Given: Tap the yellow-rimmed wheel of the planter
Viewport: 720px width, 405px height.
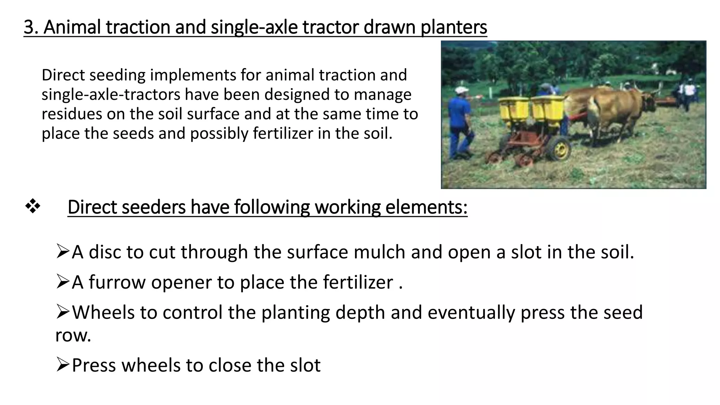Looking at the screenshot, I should point(559,148).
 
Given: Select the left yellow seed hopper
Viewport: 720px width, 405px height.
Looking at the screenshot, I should point(514,109).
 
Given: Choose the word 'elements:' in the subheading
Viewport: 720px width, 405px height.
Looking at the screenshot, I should point(426,207).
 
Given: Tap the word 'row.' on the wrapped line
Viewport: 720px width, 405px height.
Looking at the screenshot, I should point(73,335).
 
